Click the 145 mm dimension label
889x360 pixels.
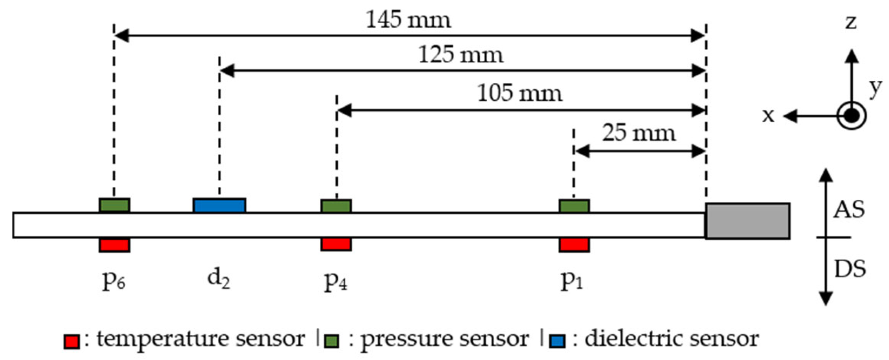point(408,20)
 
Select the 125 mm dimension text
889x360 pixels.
point(461,55)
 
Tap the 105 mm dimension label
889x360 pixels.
point(519,93)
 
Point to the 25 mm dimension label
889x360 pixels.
point(639,133)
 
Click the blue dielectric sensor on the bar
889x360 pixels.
point(219,205)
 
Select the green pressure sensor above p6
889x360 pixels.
point(115,205)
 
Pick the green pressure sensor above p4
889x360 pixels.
point(336,206)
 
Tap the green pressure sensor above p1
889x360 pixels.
point(574,206)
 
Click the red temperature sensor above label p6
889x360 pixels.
point(115,245)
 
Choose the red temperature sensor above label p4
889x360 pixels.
point(336,244)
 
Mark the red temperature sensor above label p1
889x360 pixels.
point(574,245)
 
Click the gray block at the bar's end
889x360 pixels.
point(748,221)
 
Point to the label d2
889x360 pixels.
point(219,279)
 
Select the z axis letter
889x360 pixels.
point(851,22)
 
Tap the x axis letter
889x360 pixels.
point(768,116)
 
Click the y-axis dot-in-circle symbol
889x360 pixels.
point(851,116)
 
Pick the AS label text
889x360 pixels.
point(849,210)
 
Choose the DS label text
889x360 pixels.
point(850,269)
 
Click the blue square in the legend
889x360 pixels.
point(557,341)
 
